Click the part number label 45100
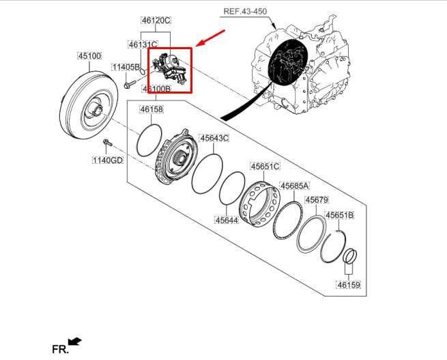click(89, 56)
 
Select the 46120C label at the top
click(156, 20)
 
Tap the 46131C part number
click(143, 44)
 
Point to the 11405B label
click(126, 67)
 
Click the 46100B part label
click(156, 89)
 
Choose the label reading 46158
click(151, 109)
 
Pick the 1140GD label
click(108, 161)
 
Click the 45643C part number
click(214, 138)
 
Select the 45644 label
click(226, 220)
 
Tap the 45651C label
click(265, 166)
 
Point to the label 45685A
click(294, 185)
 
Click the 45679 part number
click(317, 200)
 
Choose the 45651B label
click(339, 215)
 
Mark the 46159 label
click(348, 284)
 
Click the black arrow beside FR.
click(76, 340)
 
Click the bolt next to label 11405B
click(129, 85)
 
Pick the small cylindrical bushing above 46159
click(349, 258)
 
